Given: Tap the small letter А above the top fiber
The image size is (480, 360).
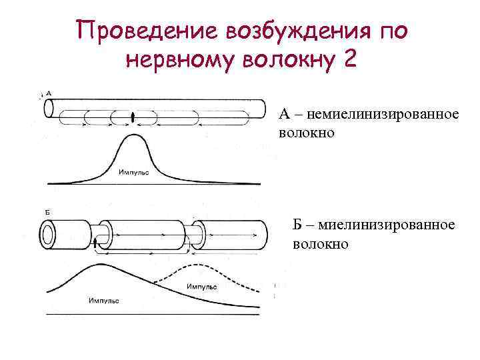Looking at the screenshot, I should [49, 93].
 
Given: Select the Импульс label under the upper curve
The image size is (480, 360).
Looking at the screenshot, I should [134, 172].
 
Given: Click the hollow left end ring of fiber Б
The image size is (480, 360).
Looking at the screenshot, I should [49, 233].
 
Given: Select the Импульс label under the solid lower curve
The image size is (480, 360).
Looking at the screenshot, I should [103, 301].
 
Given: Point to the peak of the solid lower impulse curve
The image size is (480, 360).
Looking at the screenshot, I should [100, 265].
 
